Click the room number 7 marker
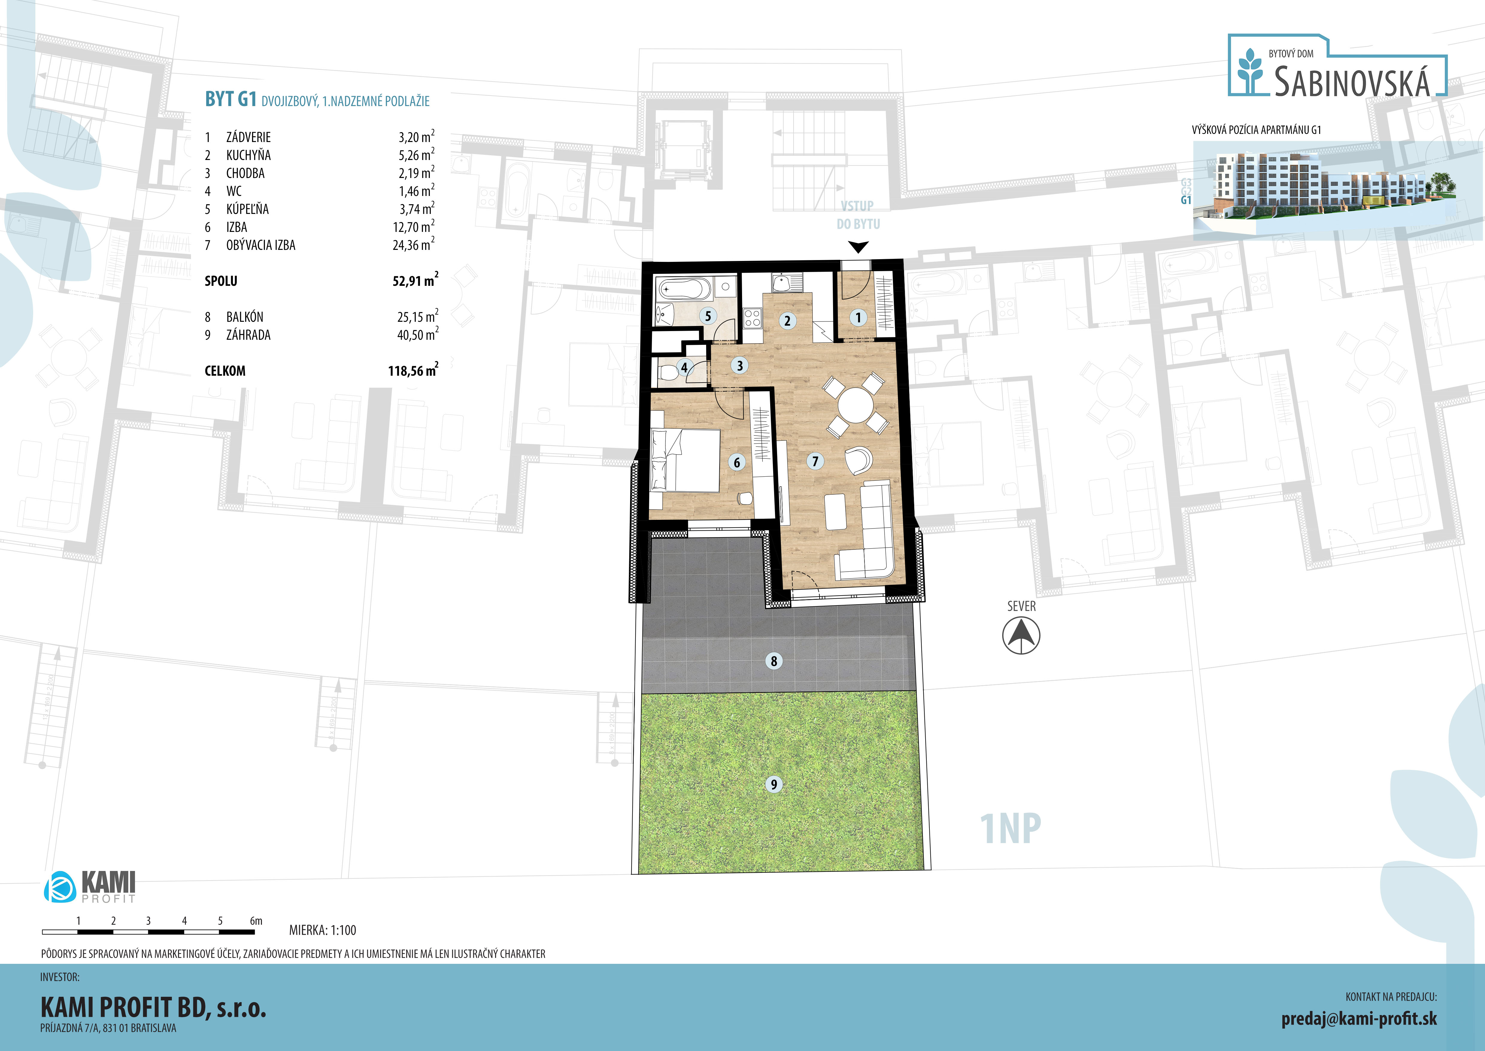[x=815, y=461]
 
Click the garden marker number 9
[x=773, y=784]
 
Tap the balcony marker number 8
[x=773, y=661]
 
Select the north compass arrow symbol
[x=1021, y=635]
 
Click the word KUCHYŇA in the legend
[x=248, y=155]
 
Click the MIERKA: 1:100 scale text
[x=323, y=930]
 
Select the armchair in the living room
[x=858, y=460]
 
